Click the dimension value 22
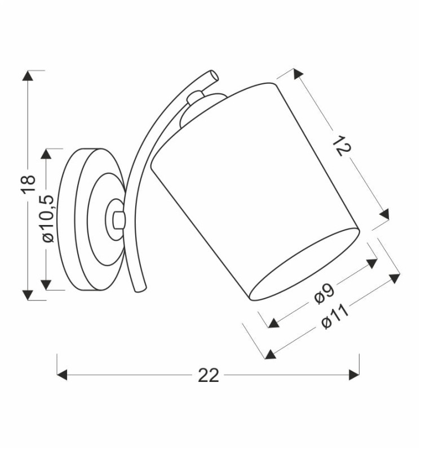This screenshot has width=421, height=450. tap(209, 375)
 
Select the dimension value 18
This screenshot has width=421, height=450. tap(29, 184)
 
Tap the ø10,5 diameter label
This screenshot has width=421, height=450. tap(47, 219)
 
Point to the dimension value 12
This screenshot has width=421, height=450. tap(342, 146)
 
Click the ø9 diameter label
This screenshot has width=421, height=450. tap(324, 294)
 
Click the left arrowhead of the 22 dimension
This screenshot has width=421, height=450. tap(62, 375)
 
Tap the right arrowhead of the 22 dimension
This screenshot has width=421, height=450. tap(354, 375)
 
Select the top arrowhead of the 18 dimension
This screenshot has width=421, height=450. tap(28, 75)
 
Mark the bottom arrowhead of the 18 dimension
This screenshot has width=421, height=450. tap(28, 295)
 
